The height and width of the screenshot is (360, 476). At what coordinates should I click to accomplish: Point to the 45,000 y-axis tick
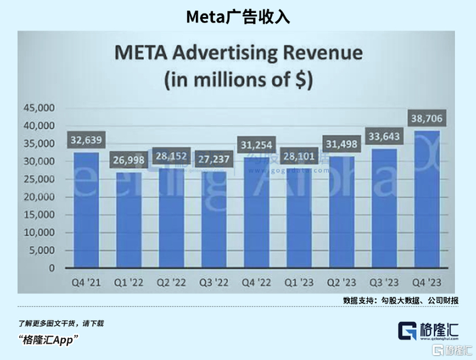coord(38,108)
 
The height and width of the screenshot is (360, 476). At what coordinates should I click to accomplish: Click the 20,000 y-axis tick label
coord(38,197)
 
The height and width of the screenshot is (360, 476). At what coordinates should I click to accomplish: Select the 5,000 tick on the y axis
coord(40,250)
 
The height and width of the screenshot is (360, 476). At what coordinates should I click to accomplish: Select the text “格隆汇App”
coord(48,340)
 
